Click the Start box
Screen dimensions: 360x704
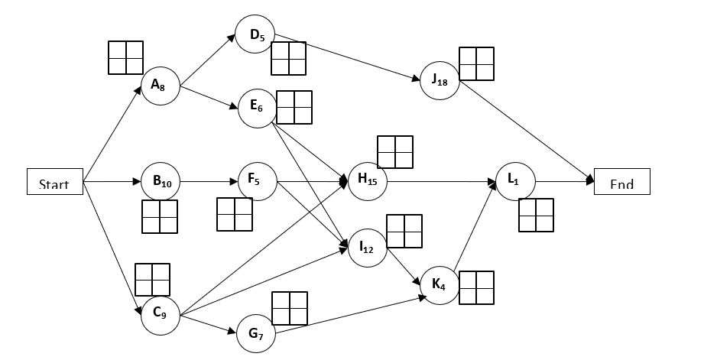(54, 183)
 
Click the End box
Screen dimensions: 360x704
(621, 182)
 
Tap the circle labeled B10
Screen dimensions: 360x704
(161, 182)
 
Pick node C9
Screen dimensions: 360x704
(161, 312)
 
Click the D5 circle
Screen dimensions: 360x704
(256, 34)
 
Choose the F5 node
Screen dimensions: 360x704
(256, 182)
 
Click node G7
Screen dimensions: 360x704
(256, 332)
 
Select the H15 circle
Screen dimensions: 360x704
(368, 182)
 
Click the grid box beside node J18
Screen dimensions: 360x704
(477, 64)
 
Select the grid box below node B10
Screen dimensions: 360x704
(160, 216)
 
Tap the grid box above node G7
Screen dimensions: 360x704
(290, 309)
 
